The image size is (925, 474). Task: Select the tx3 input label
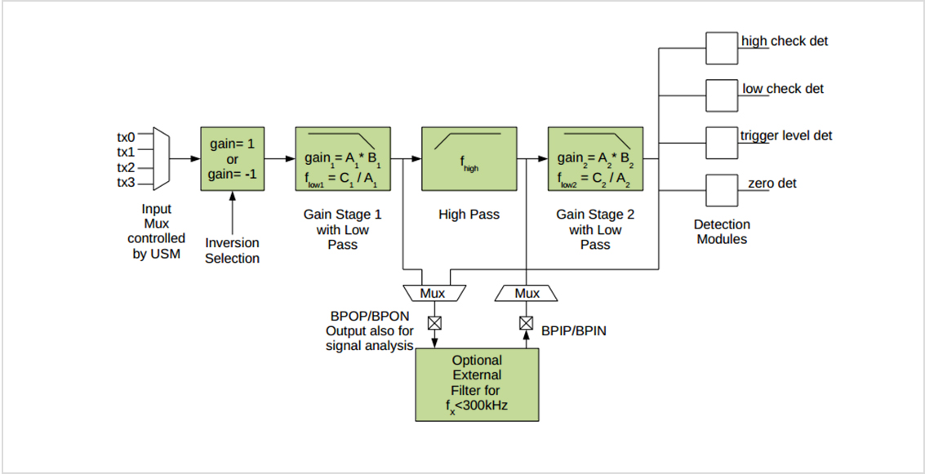coord(126,182)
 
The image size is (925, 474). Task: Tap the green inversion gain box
coord(232,158)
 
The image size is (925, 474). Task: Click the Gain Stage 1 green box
coord(343,158)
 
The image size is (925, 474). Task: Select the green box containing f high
coord(469,158)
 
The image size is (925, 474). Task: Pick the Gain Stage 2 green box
coord(594,158)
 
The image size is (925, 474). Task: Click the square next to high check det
coord(721,48)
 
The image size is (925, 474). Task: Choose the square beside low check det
coord(721,95)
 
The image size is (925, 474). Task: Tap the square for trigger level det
coord(721,143)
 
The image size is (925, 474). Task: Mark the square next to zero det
coord(721,190)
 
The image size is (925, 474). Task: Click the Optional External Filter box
coord(478,383)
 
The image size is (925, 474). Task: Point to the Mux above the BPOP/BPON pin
coord(434,293)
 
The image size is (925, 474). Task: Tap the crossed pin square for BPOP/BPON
coord(434,323)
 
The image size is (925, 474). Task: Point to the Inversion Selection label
coord(232,250)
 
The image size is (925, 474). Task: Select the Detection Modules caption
coord(722,232)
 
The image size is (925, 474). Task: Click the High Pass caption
coord(469,215)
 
